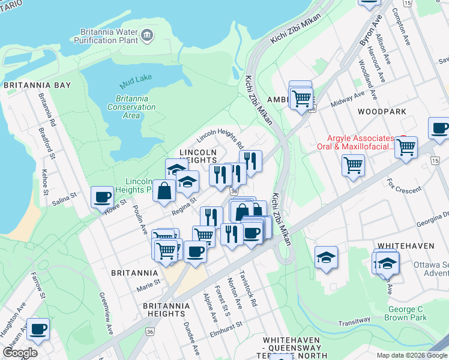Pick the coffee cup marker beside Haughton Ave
pyautogui.click(x=38, y=329)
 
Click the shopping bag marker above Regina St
pyautogui.click(x=164, y=191)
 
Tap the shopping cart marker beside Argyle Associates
pyautogui.click(x=406, y=146)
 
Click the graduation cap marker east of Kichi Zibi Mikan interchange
pyautogui.click(x=327, y=257)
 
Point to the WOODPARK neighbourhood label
pyautogui.click(x=382, y=112)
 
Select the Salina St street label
pyautogui.click(x=64, y=196)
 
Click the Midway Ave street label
pyautogui.click(x=348, y=98)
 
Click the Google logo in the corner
pyautogui.click(x=20, y=353)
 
